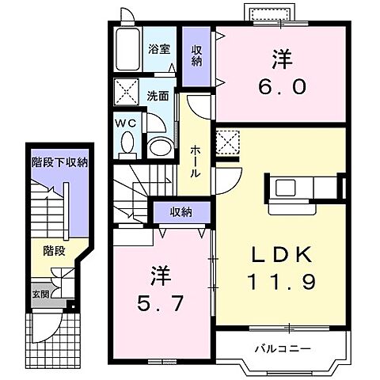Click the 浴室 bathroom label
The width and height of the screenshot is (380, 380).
(x=159, y=49)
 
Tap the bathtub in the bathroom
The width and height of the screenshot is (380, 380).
(x=128, y=49)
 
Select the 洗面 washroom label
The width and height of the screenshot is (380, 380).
(x=158, y=97)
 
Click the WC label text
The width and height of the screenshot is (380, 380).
(x=126, y=123)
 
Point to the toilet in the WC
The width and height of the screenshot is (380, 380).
(x=128, y=145)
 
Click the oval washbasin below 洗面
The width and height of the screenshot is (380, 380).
(x=160, y=147)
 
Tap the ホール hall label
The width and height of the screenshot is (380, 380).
(x=195, y=161)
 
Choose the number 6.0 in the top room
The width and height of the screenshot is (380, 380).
(x=282, y=87)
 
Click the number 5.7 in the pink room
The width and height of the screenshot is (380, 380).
(x=160, y=302)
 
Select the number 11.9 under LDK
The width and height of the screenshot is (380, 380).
(x=281, y=282)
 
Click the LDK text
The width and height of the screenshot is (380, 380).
(x=281, y=255)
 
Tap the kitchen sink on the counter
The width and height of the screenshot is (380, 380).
(x=285, y=187)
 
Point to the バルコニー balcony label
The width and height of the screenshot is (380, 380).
(x=283, y=349)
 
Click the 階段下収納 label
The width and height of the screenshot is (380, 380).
(x=59, y=162)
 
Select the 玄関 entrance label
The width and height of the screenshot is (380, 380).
(x=40, y=294)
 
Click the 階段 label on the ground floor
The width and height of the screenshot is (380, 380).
(x=54, y=251)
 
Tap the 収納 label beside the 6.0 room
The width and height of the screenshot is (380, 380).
(x=196, y=55)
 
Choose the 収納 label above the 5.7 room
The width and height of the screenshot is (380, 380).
(x=180, y=212)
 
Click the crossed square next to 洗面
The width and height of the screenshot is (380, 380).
(x=126, y=92)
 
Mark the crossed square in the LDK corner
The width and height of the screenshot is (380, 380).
(x=228, y=142)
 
